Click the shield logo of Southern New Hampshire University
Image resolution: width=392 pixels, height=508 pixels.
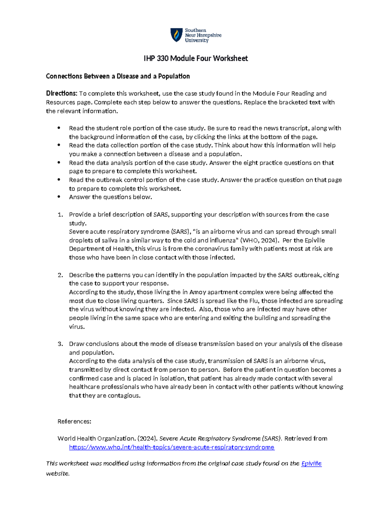click(x=176, y=35)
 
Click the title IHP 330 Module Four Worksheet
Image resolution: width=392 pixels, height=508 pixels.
click(x=196, y=59)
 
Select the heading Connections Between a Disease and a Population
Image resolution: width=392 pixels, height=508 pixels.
click(x=118, y=76)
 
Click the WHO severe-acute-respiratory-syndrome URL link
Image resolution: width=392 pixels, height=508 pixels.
click(x=171, y=447)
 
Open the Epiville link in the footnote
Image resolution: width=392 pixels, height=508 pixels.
click(x=311, y=464)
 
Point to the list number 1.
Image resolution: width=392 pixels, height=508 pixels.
click(x=60, y=215)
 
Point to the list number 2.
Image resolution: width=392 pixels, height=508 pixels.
click(x=60, y=275)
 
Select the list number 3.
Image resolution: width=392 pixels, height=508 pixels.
click(x=60, y=344)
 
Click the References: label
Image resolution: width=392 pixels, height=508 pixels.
click(x=74, y=421)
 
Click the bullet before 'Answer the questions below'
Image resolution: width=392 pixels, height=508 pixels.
click(x=59, y=197)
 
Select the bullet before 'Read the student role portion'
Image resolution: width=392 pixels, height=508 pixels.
click(x=59, y=128)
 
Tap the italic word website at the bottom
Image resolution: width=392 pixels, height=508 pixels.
click(x=57, y=474)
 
